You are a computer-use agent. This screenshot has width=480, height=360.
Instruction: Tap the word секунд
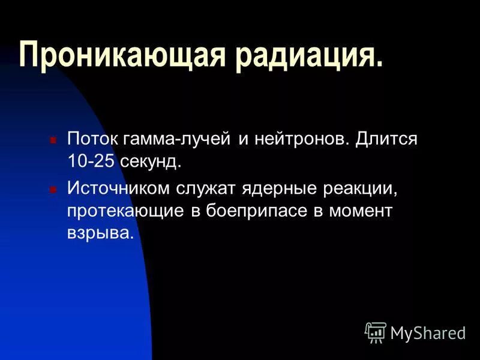click(150, 161)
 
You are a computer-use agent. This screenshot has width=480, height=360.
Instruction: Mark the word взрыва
click(99, 233)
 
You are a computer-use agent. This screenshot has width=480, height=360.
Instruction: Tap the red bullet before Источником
click(53, 190)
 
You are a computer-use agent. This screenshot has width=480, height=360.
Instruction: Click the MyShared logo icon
click(376, 332)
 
